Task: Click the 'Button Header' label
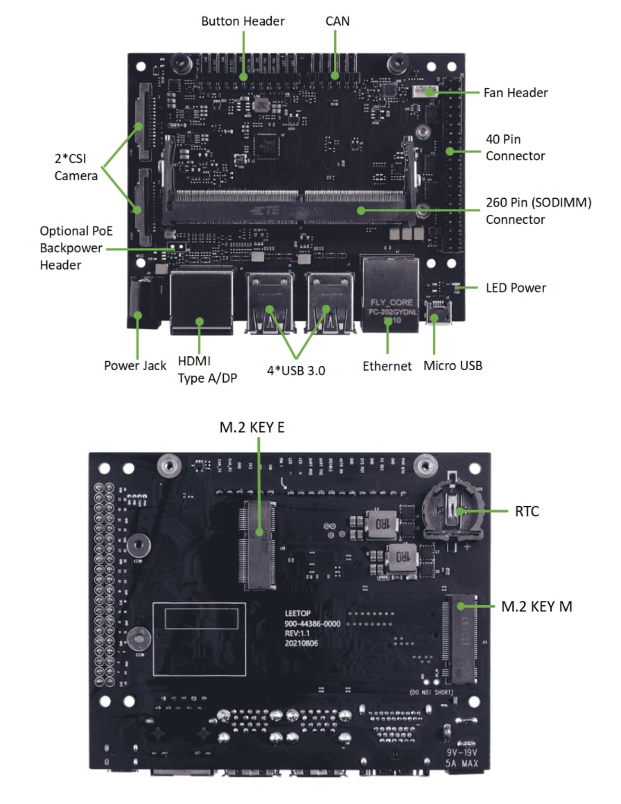[243, 21]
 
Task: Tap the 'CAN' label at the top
[337, 21]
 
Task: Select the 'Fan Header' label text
[516, 93]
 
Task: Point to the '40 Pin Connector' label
[515, 148]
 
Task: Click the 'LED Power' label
[516, 288]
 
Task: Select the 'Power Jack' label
[135, 365]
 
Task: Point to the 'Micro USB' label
[453, 365]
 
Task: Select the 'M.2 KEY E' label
[252, 428]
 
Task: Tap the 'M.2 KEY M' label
[536, 606]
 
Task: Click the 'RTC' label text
[527, 512]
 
